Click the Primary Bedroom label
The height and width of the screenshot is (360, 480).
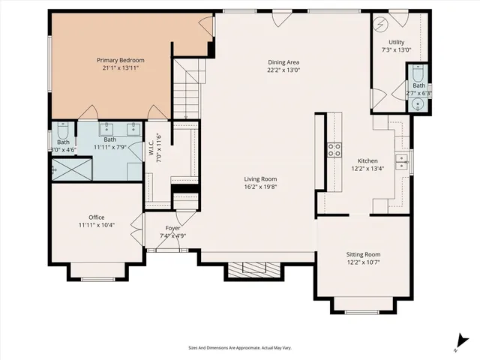point(120,60)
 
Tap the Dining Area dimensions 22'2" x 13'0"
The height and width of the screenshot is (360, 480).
point(283,70)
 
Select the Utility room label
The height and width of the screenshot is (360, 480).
point(397,41)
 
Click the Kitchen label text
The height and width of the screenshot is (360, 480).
point(367,160)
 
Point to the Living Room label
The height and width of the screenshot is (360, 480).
point(260,178)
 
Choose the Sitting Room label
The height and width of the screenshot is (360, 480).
point(363,254)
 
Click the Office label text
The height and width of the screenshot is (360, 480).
point(96,217)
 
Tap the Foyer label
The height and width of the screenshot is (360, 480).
point(172,228)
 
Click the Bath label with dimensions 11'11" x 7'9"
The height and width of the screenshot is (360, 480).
point(110,139)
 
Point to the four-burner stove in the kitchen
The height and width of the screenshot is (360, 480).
point(333,149)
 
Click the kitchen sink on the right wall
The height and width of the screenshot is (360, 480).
point(401,162)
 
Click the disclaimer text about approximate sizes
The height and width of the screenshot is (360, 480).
point(239,347)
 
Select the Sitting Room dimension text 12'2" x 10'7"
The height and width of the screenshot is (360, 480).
point(363,262)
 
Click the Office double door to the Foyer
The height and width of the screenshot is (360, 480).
point(136,226)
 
